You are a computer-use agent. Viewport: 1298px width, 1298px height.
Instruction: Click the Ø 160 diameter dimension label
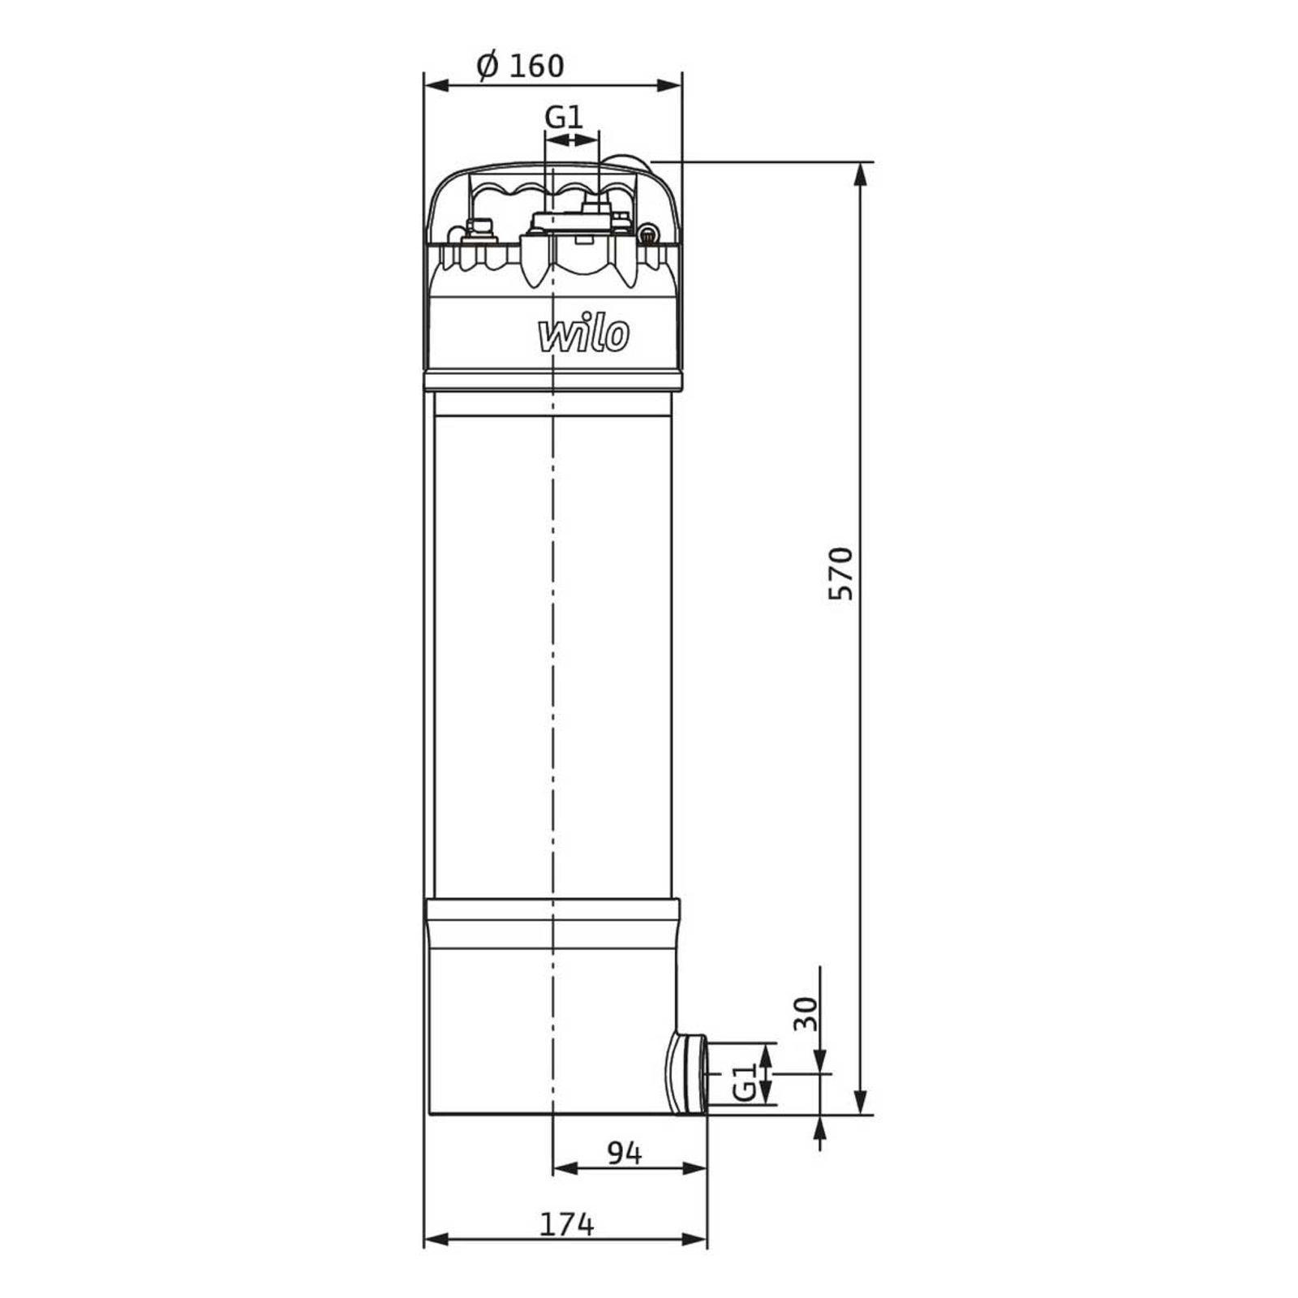pos(520,65)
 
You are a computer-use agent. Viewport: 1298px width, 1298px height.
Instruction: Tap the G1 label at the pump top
pos(564,117)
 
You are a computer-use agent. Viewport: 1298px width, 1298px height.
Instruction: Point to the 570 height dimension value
pos(841,574)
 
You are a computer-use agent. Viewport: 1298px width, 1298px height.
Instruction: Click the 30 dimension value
pos(806,1013)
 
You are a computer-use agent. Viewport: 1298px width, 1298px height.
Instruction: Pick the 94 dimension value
pos(624,1153)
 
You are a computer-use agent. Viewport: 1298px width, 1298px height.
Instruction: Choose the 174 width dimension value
pos(567,1224)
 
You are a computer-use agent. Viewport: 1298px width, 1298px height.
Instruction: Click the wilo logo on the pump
pos(583,334)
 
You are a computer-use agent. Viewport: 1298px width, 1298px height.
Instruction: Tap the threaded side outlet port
pos(686,1073)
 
